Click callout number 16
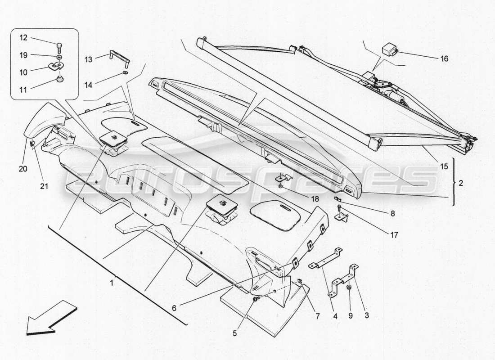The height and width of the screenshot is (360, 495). (x=445, y=58)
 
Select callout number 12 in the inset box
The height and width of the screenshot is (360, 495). (x=23, y=38)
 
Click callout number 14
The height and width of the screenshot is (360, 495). (x=88, y=84)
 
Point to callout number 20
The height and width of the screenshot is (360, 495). (x=23, y=169)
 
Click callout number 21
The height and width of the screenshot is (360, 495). (x=44, y=186)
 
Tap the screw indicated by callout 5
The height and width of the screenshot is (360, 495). (x=256, y=298)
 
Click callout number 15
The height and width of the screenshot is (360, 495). (x=444, y=167)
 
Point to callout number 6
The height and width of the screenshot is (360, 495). (x=174, y=308)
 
